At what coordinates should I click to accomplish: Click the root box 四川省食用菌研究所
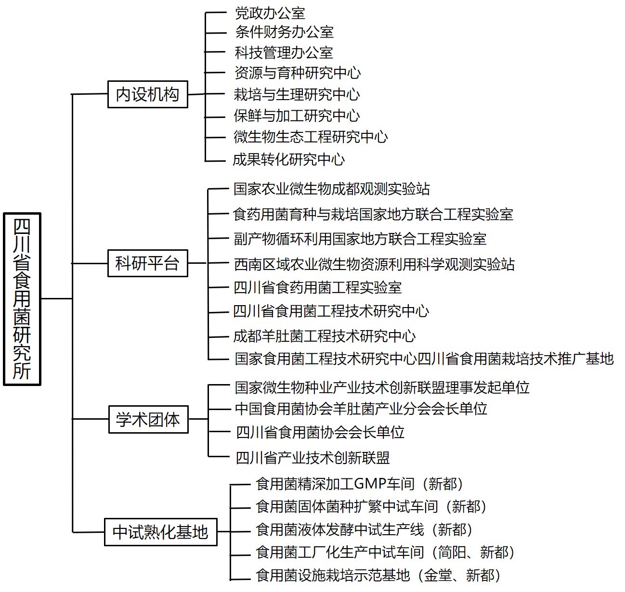click(x=22, y=299)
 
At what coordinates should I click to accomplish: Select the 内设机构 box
click(x=147, y=94)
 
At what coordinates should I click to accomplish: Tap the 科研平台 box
click(x=147, y=263)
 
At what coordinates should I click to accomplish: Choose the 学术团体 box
click(x=148, y=419)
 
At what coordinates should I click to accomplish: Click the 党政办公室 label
click(x=270, y=13)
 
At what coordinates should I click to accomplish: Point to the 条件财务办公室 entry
click(x=284, y=32)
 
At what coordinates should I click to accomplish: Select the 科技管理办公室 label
click(x=284, y=52)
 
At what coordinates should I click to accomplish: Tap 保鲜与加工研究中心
click(x=297, y=116)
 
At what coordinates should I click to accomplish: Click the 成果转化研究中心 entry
click(x=288, y=159)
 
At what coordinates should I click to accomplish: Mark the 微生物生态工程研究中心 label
click(x=311, y=137)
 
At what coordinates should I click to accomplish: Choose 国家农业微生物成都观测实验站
click(x=332, y=189)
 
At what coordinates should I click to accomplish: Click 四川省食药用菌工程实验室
click(x=318, y=288)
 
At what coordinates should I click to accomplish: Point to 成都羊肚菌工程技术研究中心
click(x=324, y=336)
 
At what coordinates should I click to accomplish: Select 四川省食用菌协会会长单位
click(x=320, y=433)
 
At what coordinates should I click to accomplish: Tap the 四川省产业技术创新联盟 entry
click(x=313, y=458)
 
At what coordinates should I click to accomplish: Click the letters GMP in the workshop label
click(x=370, y=484)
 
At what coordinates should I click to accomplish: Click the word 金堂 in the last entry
click(x=438, y=576)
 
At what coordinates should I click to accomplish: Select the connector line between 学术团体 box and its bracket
click(x=198, y=419)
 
